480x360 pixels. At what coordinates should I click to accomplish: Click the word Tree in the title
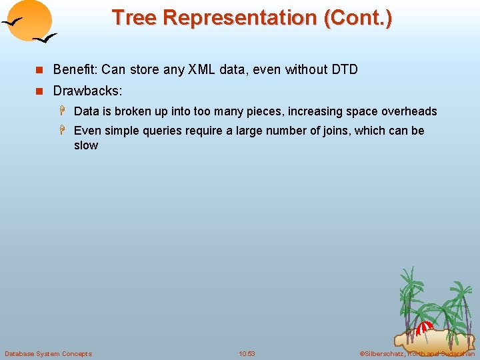[x=135, y=17]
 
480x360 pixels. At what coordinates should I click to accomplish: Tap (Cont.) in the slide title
[x=358, y=19]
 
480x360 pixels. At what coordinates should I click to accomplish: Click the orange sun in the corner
[x=29, y=20]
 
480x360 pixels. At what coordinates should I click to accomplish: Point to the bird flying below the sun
[x=45, y=38]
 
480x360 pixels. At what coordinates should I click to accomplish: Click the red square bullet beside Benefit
[x=39, y=70]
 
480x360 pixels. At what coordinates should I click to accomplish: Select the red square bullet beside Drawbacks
[x=39, y=91]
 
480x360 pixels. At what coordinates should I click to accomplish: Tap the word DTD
[x=345, y=69]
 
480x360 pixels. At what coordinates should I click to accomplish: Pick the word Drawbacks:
[x=87, y=91]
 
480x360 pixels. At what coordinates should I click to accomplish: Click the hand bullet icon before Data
[x=63, y=111]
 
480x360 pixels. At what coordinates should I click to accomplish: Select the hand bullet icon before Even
[x=63, y=130]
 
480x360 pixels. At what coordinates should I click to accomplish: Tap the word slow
[x=86, y=145]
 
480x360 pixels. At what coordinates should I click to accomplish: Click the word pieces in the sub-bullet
[x=265, y=111]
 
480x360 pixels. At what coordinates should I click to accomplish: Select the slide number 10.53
[x=247, y=354]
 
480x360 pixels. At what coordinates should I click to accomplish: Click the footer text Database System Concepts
[x=49, y=354]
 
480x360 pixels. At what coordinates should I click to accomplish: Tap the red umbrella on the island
[x=425, y=327]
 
